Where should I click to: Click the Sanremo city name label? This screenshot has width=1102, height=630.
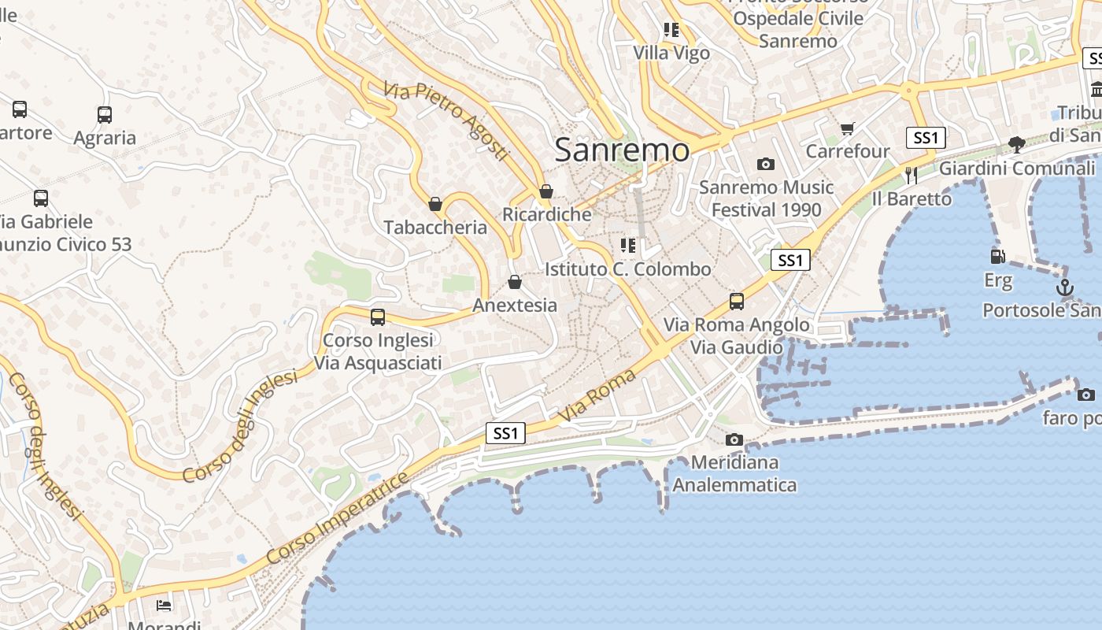[x=622, y=150]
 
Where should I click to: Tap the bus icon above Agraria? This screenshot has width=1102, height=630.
[x=105, y=115]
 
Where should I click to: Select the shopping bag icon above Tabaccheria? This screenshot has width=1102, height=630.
[x=435, y=205]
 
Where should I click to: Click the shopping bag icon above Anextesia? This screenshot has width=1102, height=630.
[x=515, y=282]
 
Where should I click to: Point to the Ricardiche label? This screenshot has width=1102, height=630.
[x=547, y=214]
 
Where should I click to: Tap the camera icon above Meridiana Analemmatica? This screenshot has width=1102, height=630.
[x=734, y=439]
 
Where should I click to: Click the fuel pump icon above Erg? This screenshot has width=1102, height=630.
[x=997, y=256]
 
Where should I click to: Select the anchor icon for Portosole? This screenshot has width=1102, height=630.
[x=1064, y=287]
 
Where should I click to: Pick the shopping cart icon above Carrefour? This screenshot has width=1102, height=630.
[x=848, y=128]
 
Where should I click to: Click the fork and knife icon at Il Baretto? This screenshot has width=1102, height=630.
[x=912, y=175]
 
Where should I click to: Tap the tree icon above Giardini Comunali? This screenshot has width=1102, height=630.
[x=1016, y=145]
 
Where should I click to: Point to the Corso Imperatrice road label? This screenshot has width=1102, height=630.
[x=338, y=518]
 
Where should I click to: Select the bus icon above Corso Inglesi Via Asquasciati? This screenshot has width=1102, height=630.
[x=378, y=317]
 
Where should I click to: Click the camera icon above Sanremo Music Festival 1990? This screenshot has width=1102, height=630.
[x=765, y=165]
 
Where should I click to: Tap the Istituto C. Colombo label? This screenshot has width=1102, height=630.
[x=627, y=269]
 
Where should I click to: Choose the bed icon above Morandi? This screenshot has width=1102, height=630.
[x=164, y=605]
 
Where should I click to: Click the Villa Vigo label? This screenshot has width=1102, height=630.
[x=671, y=54]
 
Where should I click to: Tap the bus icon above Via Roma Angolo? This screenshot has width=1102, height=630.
[x=737, y=301]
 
